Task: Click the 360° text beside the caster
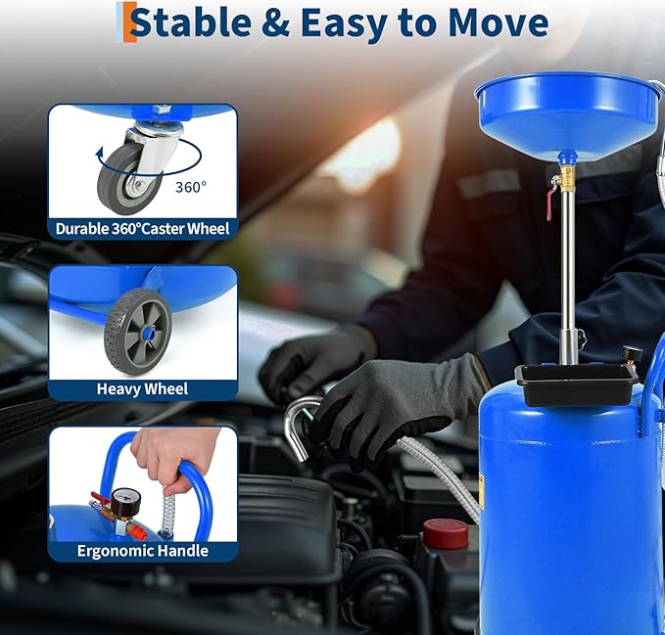pos(192,186)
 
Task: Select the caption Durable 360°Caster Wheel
pos(142,229)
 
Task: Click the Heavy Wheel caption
pos(142,388)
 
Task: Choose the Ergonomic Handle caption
pos(142,550)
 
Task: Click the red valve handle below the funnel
pos(551,204)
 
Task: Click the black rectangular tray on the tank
pos(576,385)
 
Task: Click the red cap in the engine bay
pos(445,532)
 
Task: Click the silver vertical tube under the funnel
pos(567,274)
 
